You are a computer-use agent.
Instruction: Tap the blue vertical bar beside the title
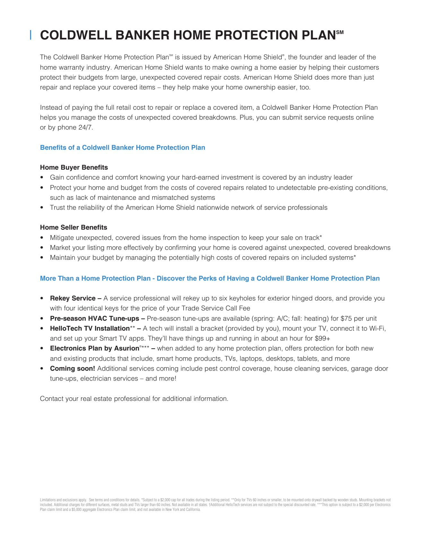pos(31,35)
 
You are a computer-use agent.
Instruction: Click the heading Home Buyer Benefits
pos(74,167)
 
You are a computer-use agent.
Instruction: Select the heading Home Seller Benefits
pos(73,227)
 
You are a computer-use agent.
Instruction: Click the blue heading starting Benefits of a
pos(122,148)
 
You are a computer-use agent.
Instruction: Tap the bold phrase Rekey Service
pos(73,298)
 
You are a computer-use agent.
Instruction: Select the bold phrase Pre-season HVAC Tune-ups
pos(95,318)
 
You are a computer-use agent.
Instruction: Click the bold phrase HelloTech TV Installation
pos(90,328)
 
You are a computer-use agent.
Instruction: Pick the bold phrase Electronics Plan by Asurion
pos(95,348)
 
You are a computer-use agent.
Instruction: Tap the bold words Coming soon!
pos(73,368)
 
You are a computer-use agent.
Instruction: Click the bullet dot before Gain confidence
pos(42,178)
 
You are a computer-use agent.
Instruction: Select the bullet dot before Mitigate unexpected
pos(42,238)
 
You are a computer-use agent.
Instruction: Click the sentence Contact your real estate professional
pos(134,399)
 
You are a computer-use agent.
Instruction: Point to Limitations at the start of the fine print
pos(47,500)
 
